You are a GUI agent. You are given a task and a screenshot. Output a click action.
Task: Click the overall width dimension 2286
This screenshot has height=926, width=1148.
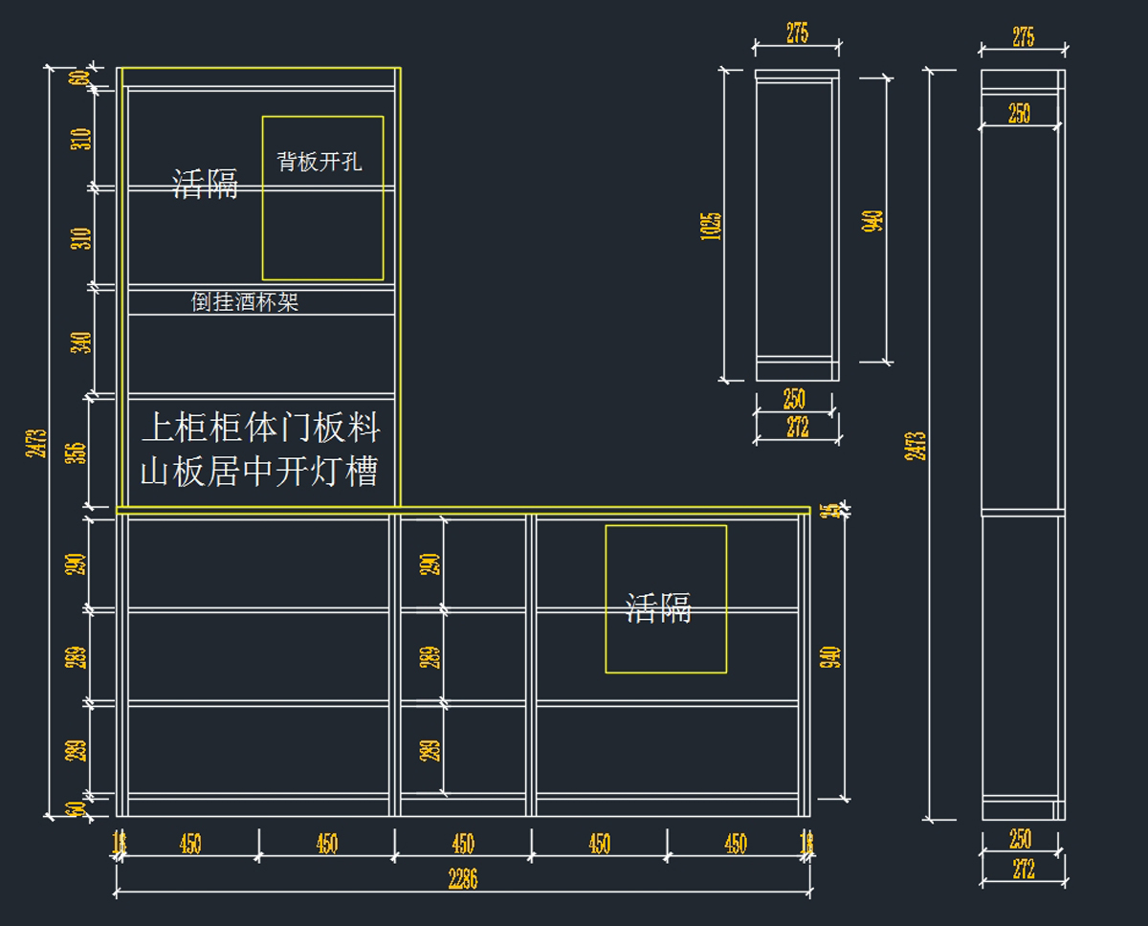[x=462, y=879]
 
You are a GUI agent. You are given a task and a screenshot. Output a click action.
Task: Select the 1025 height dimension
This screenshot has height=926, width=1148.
[x=711, y=226]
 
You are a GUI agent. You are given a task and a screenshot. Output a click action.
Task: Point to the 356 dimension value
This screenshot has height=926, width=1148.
[x=80, y=452]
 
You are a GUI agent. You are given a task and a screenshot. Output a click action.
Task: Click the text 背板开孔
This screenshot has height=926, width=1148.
[x=320, y=161]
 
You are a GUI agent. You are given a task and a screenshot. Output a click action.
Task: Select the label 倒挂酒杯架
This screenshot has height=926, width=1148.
[x=245, y=302]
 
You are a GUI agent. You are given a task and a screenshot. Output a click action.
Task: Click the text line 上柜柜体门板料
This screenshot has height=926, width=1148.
[x=260, y=428]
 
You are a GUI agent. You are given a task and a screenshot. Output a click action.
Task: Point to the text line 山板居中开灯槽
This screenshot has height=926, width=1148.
[x=259, y=471]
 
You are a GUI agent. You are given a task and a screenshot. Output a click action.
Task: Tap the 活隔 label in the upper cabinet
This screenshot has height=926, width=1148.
[x=205, y=183]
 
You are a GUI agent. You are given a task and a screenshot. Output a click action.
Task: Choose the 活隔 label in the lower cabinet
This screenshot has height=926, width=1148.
[x=658, y=607]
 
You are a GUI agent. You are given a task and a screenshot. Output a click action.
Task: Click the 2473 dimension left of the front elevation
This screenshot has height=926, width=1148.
[x=37, y=442]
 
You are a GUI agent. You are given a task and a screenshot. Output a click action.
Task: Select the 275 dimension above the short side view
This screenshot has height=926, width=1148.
[x=797, y=33]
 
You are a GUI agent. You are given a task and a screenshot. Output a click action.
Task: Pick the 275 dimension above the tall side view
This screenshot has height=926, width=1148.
[x=1023, y=36]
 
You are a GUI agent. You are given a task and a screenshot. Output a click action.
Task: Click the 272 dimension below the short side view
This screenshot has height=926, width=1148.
[x=797, y=428]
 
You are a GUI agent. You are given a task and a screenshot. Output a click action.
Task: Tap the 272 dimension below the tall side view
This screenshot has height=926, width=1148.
[x=1022, y=869]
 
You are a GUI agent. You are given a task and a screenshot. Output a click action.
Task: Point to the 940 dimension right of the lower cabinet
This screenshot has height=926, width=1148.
[x=830, y=657]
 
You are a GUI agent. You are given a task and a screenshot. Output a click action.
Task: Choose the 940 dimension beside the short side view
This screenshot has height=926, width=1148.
[x=873, y=222]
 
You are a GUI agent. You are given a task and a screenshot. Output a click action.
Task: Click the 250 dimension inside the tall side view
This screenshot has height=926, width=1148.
[x=1020, y=113]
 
